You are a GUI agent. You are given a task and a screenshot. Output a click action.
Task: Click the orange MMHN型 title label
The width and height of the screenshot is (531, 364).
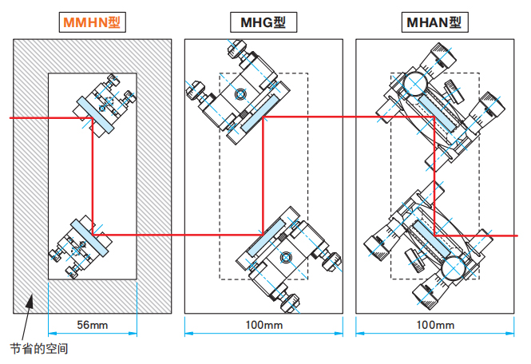[x=93, y=22]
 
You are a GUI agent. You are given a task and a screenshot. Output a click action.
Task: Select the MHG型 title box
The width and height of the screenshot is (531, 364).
[x=262, y=22]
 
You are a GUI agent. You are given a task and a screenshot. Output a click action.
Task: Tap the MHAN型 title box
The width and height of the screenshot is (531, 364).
[x=432, y=22]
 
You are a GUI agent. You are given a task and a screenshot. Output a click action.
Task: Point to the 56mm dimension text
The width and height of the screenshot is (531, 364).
[x=93, y=325]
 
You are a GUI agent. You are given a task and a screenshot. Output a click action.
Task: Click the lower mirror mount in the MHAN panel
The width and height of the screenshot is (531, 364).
[x=431, y=235]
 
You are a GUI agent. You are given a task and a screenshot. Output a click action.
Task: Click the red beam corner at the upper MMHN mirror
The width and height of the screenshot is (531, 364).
[x=93, y=119]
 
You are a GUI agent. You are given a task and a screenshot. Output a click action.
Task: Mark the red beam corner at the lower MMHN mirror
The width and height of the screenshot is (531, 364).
[x=93, y=234]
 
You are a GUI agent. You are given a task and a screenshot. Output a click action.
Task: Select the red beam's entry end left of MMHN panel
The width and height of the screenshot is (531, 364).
[x=11, y=119]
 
